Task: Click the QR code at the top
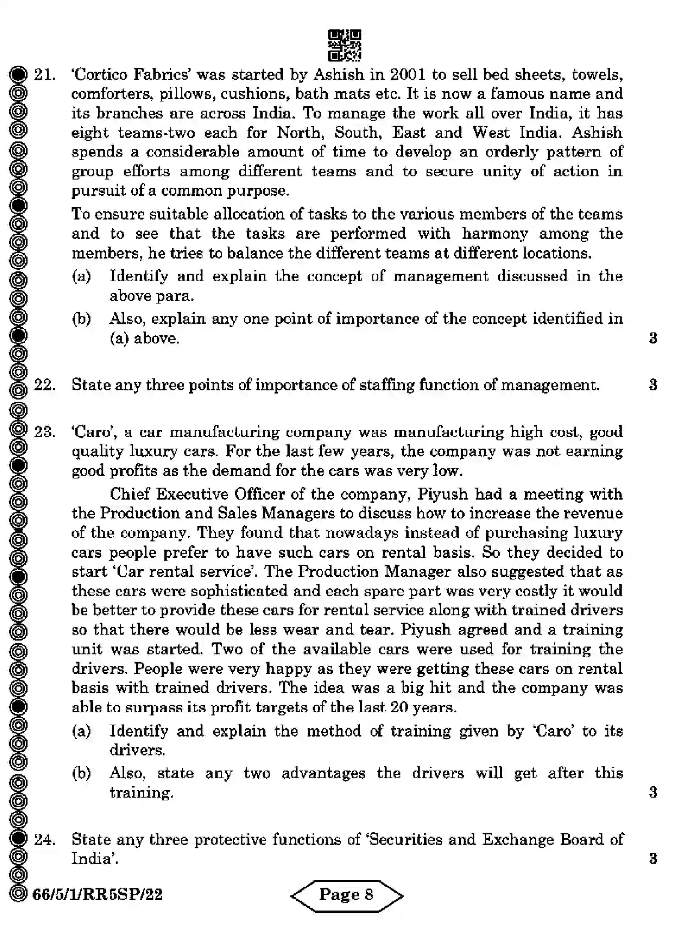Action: pos(345,45)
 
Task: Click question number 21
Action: pos(45,75)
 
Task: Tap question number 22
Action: pos(45,385)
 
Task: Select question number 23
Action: pos(45,432)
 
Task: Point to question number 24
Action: pos(45,839)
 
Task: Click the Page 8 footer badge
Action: pos(347,895)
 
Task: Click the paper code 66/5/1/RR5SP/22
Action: pos(97,895)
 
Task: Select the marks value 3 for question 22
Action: pos(653,385)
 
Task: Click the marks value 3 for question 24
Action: pos(653,859)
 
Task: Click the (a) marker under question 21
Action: pos(81,276)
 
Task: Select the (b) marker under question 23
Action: pos(81,773)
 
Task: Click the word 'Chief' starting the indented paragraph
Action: pos(129,494)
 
